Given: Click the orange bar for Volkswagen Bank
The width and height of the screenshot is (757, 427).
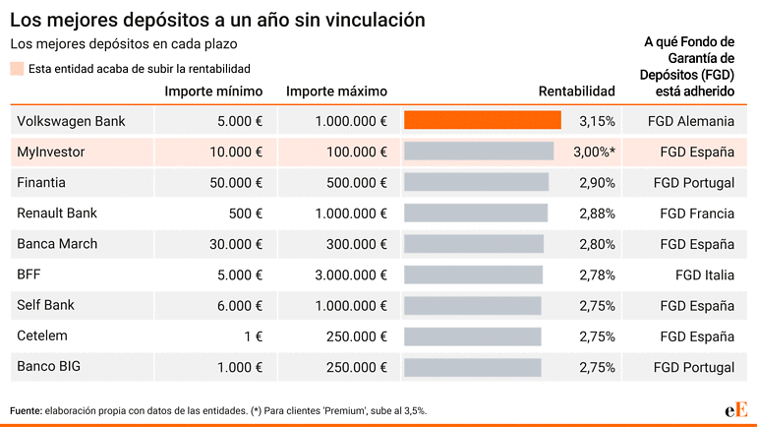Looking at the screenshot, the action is (x=483, y=120).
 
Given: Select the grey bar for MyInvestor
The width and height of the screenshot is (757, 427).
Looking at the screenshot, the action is (x=479, y=152).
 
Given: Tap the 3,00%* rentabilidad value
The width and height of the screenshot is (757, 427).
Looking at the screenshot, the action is (x=595, y=152).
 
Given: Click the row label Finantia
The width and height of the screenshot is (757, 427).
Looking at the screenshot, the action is (x=41, y=182).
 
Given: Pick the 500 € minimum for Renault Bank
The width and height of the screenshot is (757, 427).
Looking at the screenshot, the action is (x=245, y=213).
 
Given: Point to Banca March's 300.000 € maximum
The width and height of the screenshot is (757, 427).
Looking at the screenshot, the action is (x=356, y=244).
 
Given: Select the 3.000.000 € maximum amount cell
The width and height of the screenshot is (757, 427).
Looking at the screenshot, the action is (x=351, y=274).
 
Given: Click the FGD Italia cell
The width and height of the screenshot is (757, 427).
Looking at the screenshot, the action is (x=704, y=274).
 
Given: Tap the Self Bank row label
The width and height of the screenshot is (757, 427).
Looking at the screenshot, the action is (x=45, y=305).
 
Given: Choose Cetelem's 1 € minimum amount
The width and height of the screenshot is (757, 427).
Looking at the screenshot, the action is (x=253, y=336).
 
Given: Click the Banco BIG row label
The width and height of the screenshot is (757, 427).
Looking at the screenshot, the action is (x=48, y=366).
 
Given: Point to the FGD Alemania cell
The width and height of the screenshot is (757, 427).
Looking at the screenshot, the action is (x=691, y=121).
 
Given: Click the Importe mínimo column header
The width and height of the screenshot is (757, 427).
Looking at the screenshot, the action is (x=213, y=91).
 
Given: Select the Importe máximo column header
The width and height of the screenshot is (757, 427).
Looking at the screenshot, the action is (x=336, y=91).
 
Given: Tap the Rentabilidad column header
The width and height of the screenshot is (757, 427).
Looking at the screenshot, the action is (x=576, y=91).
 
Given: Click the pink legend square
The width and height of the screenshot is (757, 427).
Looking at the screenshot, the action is (x=17, y=69).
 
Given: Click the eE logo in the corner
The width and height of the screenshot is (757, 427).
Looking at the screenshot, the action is (x=735, y=410).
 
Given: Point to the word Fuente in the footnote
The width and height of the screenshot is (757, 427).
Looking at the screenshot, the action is (x=27, y=410).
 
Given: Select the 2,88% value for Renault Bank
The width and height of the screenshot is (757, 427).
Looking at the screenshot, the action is (x=597, y=213).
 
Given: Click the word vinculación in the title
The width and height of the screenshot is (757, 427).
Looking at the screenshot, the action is (x=376, y=20).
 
